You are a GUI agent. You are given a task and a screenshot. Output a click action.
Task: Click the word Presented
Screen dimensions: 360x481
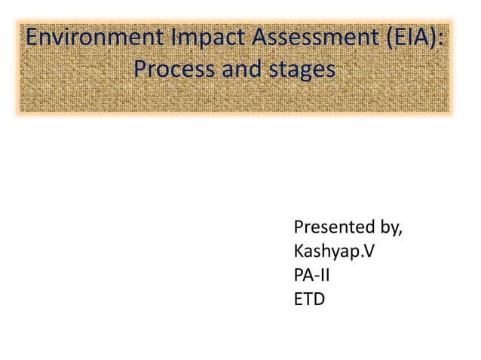coord(335,227)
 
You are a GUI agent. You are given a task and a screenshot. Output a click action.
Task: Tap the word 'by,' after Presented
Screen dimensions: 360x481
coord(391,229)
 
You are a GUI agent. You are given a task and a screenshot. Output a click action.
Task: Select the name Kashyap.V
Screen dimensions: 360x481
coord(332,252)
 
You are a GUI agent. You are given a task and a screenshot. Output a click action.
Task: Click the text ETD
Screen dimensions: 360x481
coord(309,300)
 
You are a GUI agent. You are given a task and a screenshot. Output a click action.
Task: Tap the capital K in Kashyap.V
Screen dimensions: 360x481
coord(299,252)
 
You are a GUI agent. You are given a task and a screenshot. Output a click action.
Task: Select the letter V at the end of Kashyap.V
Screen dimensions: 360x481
coord(366,252)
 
